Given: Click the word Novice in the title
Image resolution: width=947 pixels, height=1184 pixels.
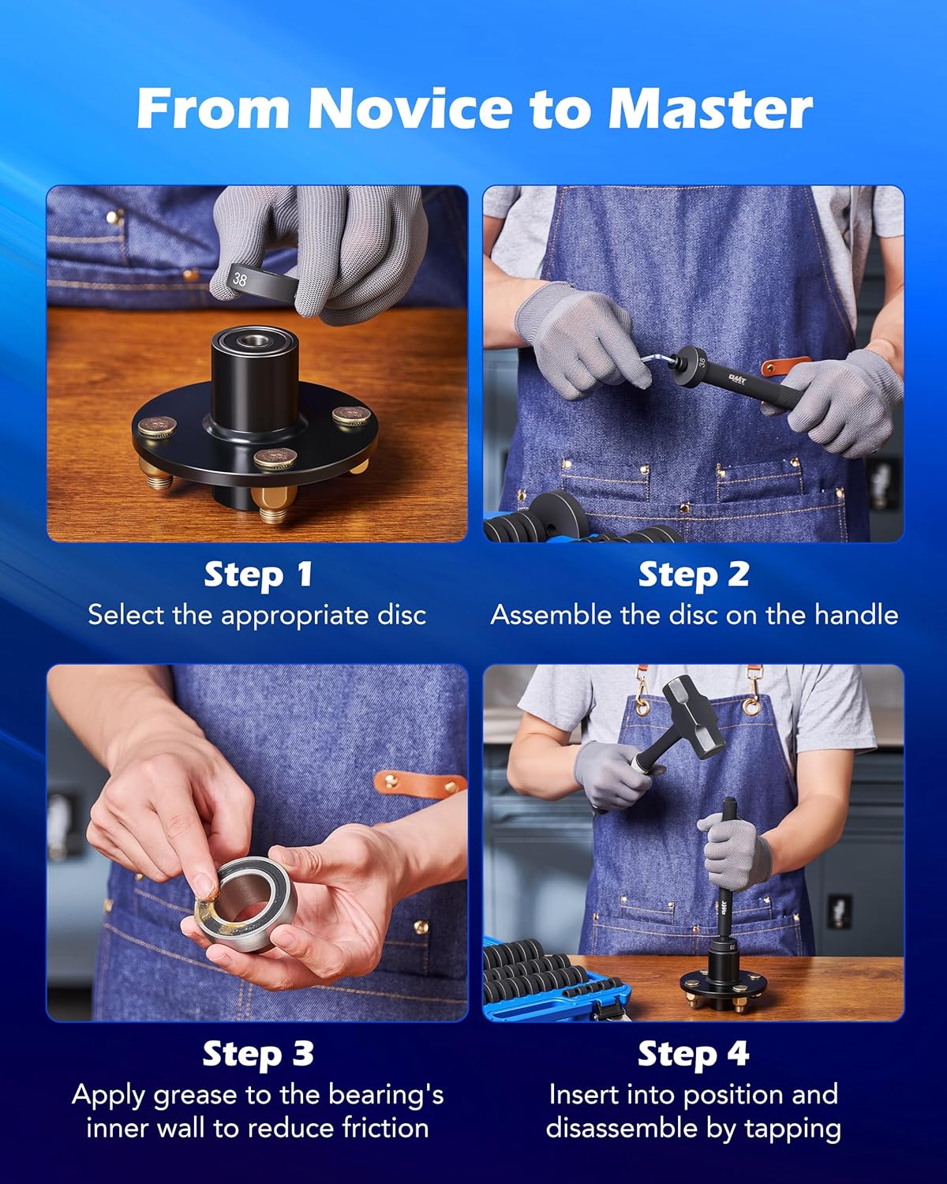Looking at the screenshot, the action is coord(410,108).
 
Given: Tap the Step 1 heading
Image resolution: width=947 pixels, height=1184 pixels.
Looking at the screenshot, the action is coord(258,575).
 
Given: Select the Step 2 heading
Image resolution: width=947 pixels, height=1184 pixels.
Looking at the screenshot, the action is coord(694,575).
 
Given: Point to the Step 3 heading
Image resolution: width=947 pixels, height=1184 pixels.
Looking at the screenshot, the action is coord(258,1055).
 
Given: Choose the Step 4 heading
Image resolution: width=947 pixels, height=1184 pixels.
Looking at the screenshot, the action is coord(694,1055).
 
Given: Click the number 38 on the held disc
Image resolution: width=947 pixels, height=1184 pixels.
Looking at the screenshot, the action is coord(240,279).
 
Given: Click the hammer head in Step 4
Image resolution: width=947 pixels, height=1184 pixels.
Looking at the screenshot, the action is coord(692,711).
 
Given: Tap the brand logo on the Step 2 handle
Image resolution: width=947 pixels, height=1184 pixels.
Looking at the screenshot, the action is coord(737,379).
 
